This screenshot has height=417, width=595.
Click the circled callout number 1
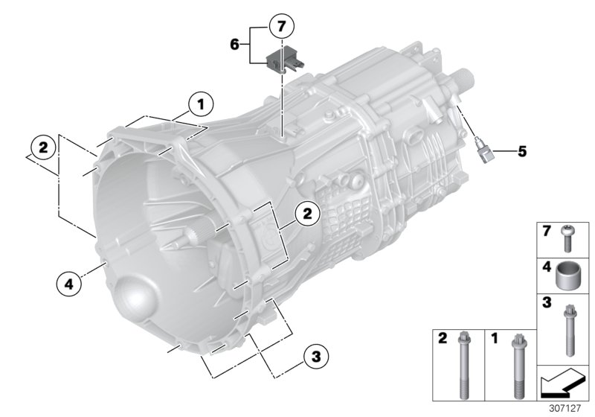tap(199, 104)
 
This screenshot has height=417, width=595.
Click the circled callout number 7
tap(280, 27)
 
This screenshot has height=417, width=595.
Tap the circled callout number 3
tap(315, 357)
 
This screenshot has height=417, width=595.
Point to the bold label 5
tap(521, 152)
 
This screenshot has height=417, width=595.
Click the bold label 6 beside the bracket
tap(235, 45)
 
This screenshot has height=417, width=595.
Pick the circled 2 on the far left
tap(43, 147)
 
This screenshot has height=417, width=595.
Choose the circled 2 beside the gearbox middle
tap(306, 214)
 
